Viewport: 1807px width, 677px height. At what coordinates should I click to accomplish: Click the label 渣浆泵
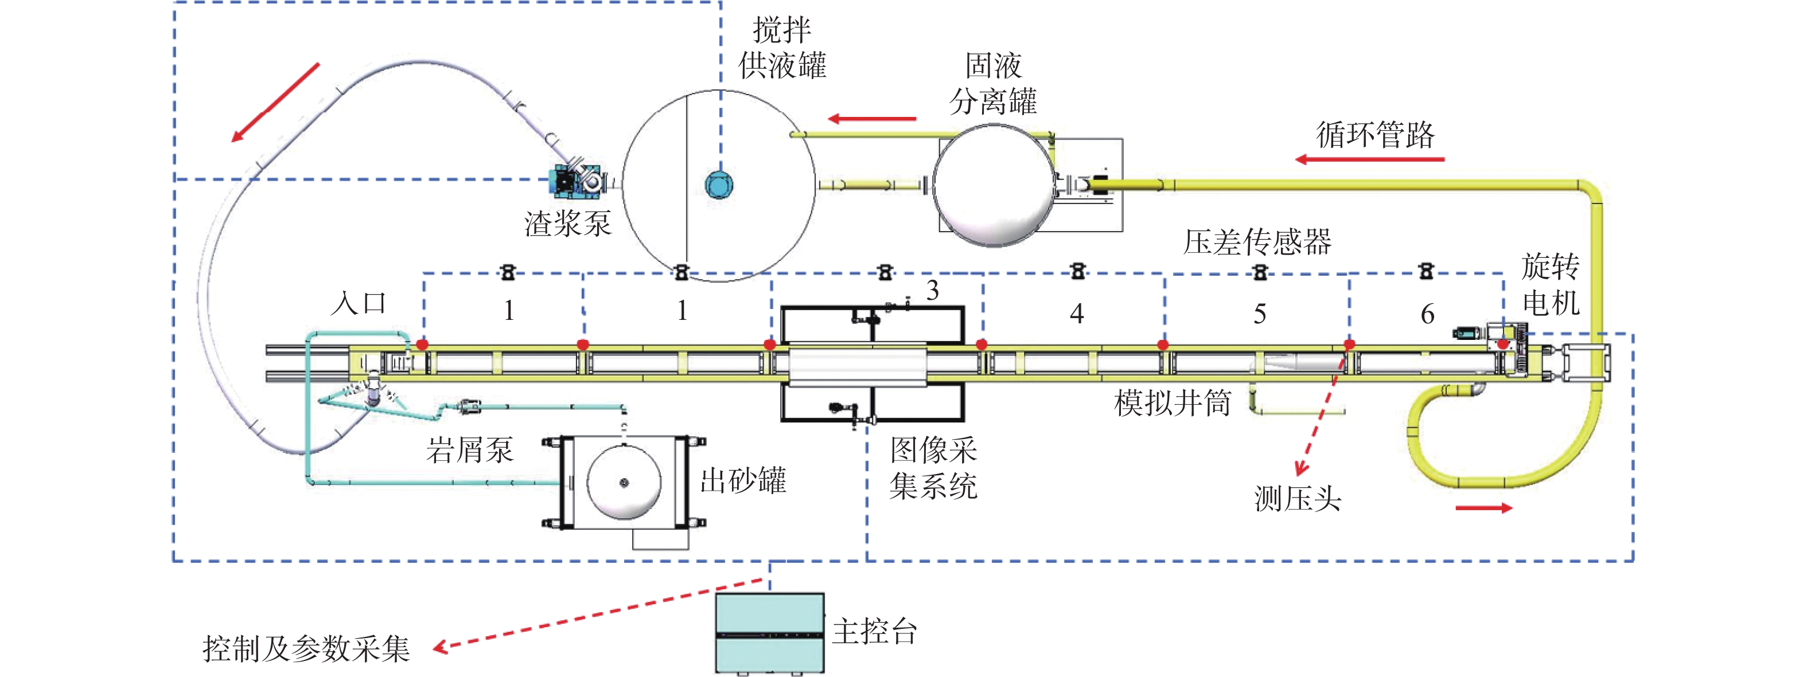pos(567,224)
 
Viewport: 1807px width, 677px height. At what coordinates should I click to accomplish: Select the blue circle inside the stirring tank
pos(719,185)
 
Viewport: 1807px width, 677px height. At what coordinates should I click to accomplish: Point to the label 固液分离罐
pos(994,83)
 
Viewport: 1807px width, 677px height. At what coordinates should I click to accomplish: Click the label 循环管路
pos(1375,134)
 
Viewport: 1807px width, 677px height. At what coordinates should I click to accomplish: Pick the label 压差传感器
pos(1257,242)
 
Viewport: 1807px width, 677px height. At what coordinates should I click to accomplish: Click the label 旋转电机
pos(1550,284)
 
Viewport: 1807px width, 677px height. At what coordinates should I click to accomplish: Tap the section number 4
pos(1077,313)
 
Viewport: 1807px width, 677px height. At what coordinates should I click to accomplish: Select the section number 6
pos(1427,313)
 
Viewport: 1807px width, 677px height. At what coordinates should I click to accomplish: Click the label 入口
pos(359,303)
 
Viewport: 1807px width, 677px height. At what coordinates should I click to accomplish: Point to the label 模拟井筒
pos(1172,403)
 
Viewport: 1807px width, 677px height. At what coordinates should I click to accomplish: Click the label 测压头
pos(1298,499)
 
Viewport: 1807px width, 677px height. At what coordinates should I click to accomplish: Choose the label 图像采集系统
pos(933,467)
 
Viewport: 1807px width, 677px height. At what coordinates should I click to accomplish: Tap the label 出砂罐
pos(743,481)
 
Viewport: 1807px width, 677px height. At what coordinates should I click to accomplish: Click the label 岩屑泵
pos(470,449)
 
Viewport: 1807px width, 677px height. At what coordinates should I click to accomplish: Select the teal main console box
pos(769,633)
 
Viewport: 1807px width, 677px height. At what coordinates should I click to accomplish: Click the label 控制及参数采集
pos(306,648)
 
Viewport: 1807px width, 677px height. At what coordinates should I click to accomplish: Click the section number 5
pos(1260,313)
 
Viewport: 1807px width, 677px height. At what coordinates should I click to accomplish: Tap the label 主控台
pos(875,632)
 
